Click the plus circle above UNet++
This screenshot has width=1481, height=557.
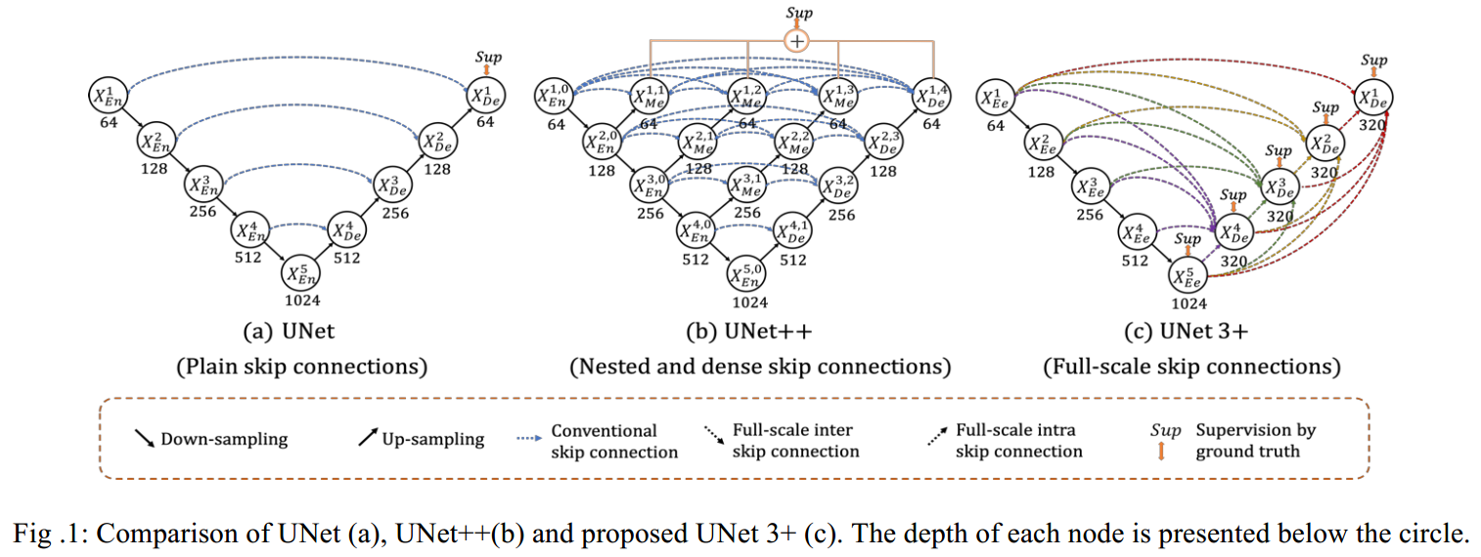click(x=798, y=41)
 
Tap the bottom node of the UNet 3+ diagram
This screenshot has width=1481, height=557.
click(x=1189, y=277)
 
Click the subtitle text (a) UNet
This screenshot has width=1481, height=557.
click(x=291, y=331)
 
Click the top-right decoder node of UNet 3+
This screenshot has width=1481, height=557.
click(x=1373, y=96)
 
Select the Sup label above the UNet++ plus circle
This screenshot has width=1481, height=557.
click(x=798, y=12)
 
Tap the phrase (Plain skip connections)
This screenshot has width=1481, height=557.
click(x=301, y=367)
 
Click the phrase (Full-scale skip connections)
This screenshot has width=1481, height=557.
click(x=1191, y=367)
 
